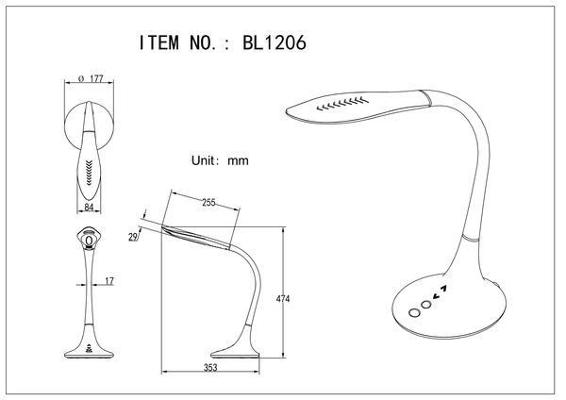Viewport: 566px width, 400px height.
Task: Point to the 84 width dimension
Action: (x=89, y=207)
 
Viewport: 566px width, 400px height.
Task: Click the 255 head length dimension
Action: (x=209, y=201)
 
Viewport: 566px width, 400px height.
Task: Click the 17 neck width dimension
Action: (x=109, y=280)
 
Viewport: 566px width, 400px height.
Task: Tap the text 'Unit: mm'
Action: (x=219, y=160)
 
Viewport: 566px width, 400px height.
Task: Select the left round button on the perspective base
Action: (x=413, y=312)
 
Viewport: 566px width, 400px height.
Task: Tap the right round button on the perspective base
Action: (x=426, y=304)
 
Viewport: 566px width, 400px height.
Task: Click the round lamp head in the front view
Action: (x=91, y=240)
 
